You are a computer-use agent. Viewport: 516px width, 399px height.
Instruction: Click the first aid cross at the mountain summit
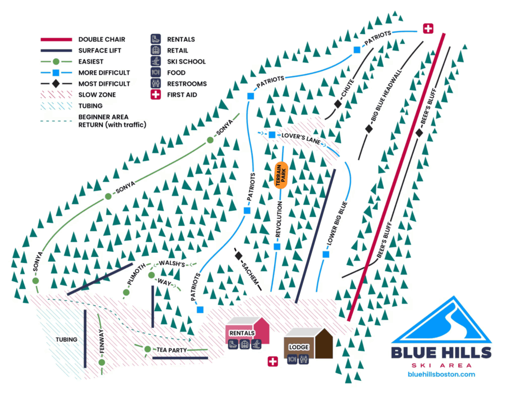[x=428, y=29]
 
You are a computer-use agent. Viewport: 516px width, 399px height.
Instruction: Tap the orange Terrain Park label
[x=281, y=176]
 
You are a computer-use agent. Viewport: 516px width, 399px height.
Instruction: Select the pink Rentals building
[x=247, y=334]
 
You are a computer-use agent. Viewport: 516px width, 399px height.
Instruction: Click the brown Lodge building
[x=308, y=345]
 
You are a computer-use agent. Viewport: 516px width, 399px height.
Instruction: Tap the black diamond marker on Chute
[x=338, y=103]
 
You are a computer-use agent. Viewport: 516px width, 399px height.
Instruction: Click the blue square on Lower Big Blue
[x=326, y=254]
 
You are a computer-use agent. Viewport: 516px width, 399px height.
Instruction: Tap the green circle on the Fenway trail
[x=102, y=362]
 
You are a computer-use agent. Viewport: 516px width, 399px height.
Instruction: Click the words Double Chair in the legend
[x=101, y=39]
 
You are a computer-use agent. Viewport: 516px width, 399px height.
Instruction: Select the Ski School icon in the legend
[x=156, y=62]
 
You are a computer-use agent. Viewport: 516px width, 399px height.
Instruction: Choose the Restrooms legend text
[x=186, y=84]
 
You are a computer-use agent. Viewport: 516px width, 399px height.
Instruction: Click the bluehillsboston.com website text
[x=441, y=374]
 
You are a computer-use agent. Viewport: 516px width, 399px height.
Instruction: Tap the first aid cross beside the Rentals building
[x=273, y=362]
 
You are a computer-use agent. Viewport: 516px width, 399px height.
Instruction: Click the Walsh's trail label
[x=172, y=264]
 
